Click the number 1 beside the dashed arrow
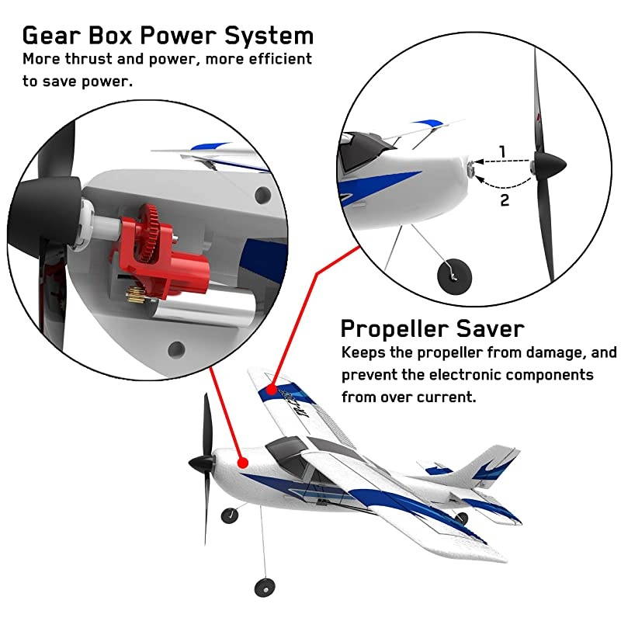click(503, 151)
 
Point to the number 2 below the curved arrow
click(505, 199)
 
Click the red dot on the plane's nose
click(243, 463)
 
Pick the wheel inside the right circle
click(449, 272)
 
